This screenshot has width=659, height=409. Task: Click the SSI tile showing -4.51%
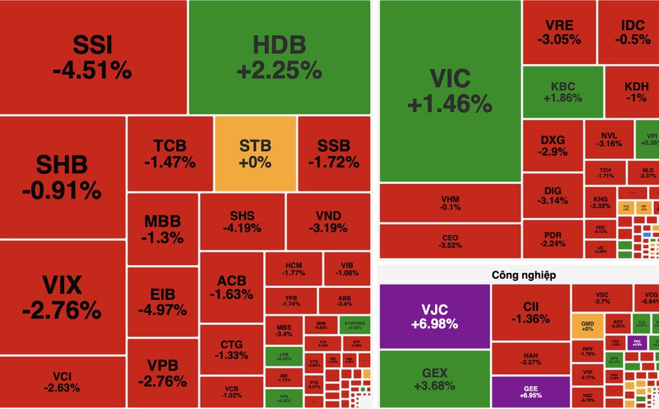pos(93,57)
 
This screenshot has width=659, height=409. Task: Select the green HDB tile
pos(279,57)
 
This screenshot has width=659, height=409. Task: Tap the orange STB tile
pos(255,153)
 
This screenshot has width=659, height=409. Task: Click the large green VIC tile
pos(450,91)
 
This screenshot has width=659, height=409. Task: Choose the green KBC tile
pos(562,93)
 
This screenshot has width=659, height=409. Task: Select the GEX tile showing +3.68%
pos(434,378)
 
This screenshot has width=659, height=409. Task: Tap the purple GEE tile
pos(531,390)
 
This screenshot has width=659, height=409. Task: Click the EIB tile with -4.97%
pos(163,301)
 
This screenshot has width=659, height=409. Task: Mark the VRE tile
pos(559,32)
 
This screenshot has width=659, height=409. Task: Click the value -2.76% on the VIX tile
pos(61,311)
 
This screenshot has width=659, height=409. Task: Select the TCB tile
pos(170,154)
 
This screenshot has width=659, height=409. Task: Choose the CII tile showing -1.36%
pos(531,312)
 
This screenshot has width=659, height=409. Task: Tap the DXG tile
pos(553,145)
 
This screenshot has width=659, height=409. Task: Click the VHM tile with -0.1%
pos(450,202)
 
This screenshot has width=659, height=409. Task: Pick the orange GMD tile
pos(587,324)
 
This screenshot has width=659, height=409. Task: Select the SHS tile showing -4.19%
pos(242,222)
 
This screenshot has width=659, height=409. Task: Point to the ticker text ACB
pos(232,281)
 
